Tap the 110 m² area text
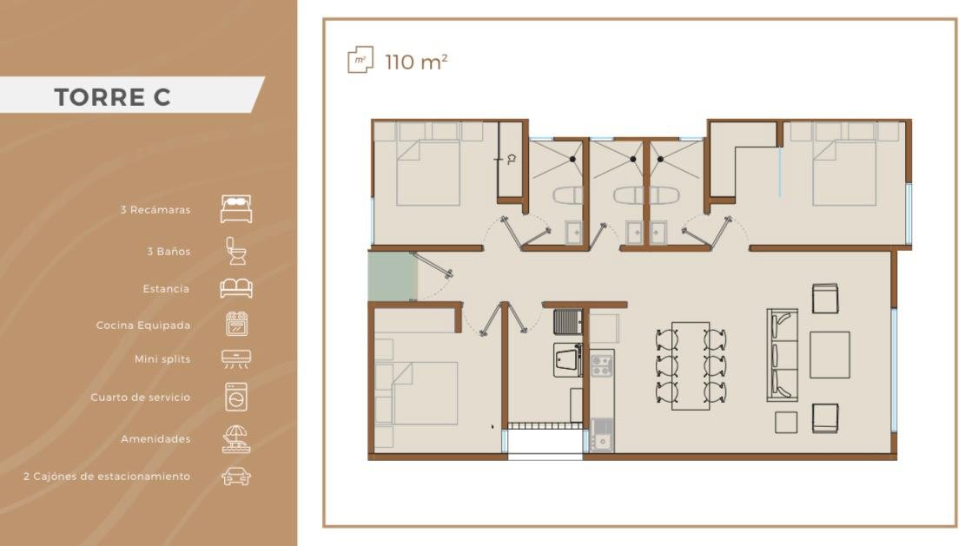click(x=416, y=62)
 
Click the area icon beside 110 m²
click(x=360, y=60)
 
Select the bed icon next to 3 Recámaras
click(x=236, y=209)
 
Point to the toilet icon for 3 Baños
click(x=235, y=251)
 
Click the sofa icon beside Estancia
click(x=236, y=288)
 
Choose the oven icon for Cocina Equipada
click(x=236, y=324)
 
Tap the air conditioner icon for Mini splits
click(x=236, y=359)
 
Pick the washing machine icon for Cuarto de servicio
click(x=236, y=397)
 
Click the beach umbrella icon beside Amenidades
click(x=236, y=438)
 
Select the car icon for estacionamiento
click(x=236, y=477)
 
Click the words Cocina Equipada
click(x=142, y=326)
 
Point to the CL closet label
click(x=512, y=160)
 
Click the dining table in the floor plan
click(x=691, y=365)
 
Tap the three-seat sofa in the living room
click(x=783, y=355)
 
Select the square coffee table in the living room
click(x=829, y=355)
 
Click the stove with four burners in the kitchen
click(x=601, y=365)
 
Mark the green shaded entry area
click(x=393, y=276)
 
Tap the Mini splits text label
click(x=162, y=359)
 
